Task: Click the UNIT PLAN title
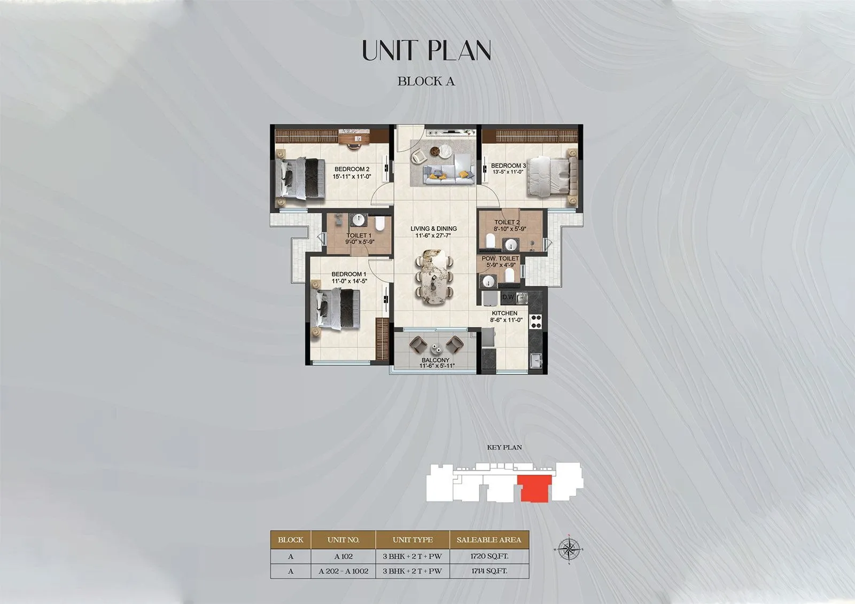pyautogui.click(x=426, y=50)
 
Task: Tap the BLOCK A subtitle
pyautogui.click(x=426, y=81)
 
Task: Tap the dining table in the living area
pyautogui.click(x=434, y=277)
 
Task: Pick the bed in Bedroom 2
pyautogui.click(x=300, y=179)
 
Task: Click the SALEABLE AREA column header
pyautogui.click(x=489, y=540)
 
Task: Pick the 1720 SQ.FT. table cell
pyautogui.click(x=489, y=556)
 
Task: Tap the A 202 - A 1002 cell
pyautogui.click(x=344, y=571)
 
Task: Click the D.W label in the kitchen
pyautogui.click(x=507, y=297)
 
